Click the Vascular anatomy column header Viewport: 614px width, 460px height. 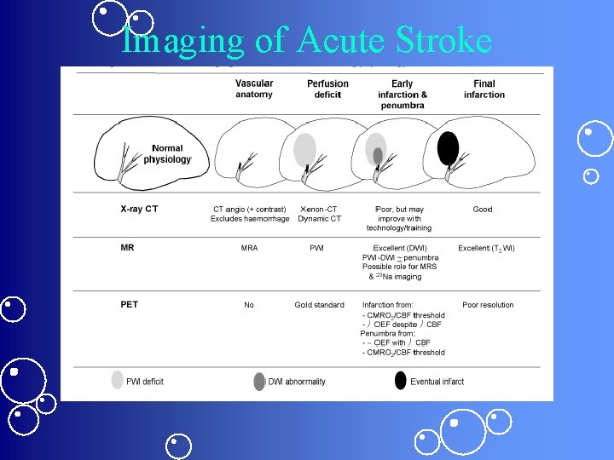click(254, 89)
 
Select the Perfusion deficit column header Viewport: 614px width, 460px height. click(327, 89)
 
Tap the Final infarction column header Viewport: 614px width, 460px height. click(484, 89)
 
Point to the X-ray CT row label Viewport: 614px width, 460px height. click(139, 209)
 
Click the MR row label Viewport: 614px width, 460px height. click(128, 248)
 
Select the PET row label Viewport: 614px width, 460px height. click(130, 304)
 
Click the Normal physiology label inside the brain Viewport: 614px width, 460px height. click(167, 154)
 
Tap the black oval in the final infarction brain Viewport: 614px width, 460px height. click(448, 148)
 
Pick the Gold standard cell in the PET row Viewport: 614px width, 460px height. click(320, 305)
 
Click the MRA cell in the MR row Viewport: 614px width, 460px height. click(249, 249)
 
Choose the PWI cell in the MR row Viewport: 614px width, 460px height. click(316, 249)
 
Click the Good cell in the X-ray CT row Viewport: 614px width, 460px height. click(483, 210)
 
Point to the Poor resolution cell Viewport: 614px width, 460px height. click(488, 305)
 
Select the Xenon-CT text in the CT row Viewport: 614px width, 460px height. click(319, 209)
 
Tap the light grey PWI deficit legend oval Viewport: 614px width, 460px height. click(118, 381)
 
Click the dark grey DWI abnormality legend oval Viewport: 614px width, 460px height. click(259, 382)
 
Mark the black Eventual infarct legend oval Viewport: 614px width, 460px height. click(401, 381)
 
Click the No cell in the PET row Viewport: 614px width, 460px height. click(249, 305)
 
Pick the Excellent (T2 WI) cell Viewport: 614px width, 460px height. click(486, 249)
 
